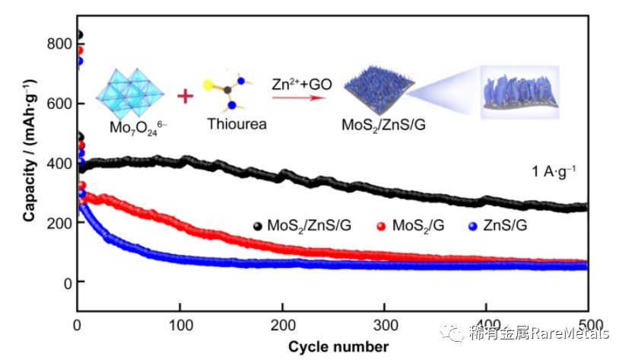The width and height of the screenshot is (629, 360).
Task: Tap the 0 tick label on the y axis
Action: [x=67, y=282]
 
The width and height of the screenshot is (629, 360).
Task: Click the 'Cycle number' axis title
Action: [x=338, y=347]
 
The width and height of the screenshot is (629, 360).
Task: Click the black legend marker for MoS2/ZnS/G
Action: [x=259, y=226]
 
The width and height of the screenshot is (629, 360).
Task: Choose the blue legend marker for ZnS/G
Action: [x=473, y=226]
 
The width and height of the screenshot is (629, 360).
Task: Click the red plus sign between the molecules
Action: [x=185, y=96]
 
